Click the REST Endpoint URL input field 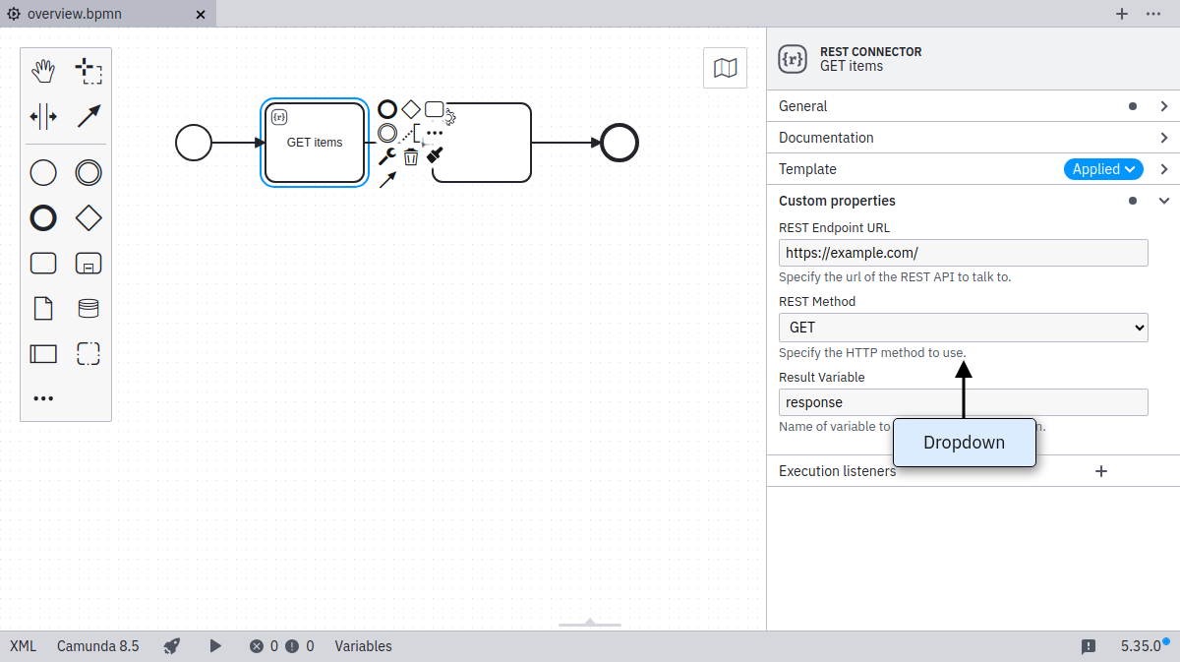[963, 253]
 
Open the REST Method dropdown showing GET [963, 328]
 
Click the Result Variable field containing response [963, 402]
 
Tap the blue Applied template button [1103, 169]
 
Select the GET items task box [315, 143]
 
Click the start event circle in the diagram [194, 143]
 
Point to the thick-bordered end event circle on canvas [619, 143]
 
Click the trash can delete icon [411, 156]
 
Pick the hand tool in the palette [43, 71]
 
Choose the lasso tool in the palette [88, 71]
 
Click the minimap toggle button [725, 68]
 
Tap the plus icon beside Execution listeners [1101, 471]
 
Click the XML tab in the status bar [23, 646]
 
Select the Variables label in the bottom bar [363, 646]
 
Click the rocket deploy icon [172, 646]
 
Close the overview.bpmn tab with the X [201, 15]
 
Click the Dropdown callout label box [964, 443]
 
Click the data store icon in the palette [88, 308]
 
